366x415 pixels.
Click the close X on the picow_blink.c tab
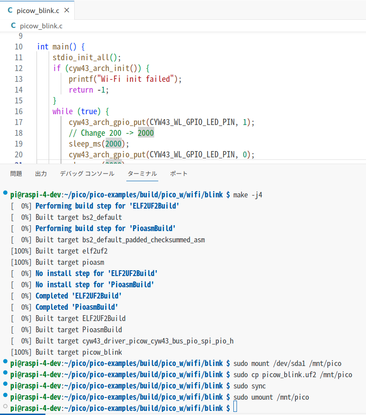click(67, 10)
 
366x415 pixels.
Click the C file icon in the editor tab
click(10, 10)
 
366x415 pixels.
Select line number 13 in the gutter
click(31, 79)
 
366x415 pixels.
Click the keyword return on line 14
click(80, 90)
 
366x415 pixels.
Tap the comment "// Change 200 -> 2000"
click(111, 133)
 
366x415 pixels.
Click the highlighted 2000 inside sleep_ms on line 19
click(113, 144)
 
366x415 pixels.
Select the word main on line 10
click(61, 47)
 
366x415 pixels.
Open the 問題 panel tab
click(16, 174)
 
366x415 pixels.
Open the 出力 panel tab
click(41, 174)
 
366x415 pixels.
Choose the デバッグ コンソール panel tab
click(87, 174)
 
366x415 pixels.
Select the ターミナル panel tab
click(142, 174)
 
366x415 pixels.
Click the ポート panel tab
click(179, 174)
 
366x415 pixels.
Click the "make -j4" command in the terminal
click(248, 195)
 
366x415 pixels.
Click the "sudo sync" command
click(250, 386)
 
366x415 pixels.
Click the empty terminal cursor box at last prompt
click(235, 408)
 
